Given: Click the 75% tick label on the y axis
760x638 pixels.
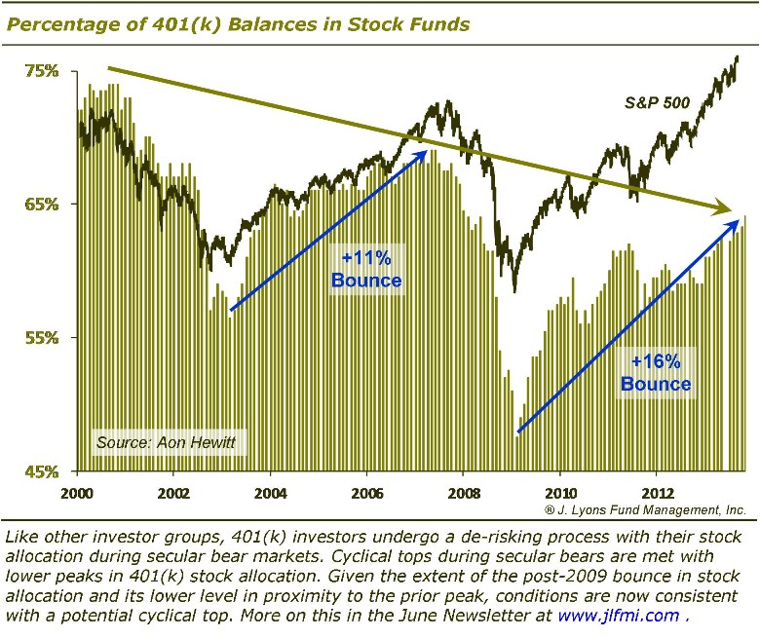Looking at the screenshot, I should coord(42,71).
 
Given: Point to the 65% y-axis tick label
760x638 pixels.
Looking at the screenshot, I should coord(42,205).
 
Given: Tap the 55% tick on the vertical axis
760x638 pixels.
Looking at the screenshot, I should coord(42,338).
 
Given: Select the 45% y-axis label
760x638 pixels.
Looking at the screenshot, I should coord(42,471).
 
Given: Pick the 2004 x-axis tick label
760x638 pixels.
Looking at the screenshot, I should coord(271,491).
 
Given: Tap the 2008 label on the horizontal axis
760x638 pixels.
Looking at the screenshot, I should coord(464,491).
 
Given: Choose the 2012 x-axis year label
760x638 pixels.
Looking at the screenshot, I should coord(657,491).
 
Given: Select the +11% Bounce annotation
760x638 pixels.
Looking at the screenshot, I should coord(365,270).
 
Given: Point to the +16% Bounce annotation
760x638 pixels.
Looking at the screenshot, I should coord(656,373).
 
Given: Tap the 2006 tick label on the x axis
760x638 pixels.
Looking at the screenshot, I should coord(367,491).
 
